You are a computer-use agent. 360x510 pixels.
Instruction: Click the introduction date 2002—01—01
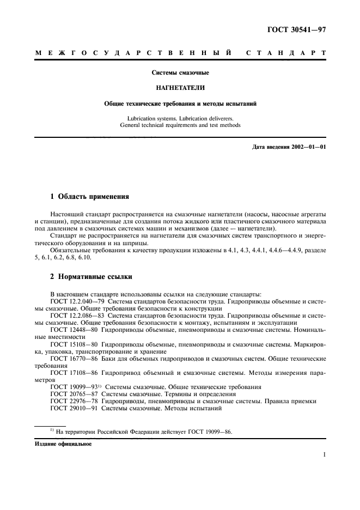307,147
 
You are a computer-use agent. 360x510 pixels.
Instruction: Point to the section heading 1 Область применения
89,196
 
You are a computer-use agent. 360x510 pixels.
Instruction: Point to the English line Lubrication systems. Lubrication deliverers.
180,118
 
